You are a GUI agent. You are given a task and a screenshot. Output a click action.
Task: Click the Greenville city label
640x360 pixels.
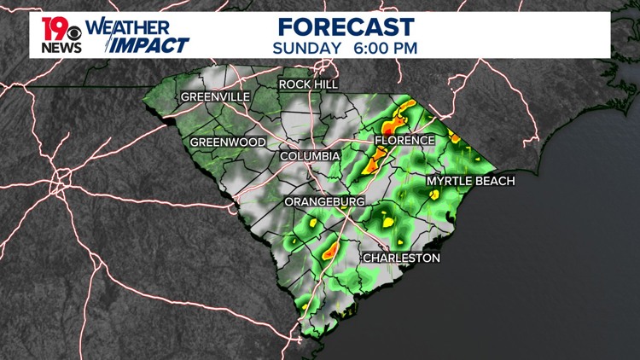point(215,97)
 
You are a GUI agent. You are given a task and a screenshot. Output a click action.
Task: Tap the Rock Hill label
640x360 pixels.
point(308,84)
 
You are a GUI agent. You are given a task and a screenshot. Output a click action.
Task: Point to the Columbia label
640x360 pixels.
point(311,156)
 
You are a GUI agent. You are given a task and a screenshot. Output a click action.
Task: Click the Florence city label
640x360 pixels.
point(406,140)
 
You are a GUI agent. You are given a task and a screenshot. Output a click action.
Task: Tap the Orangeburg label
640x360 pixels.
point(324,201)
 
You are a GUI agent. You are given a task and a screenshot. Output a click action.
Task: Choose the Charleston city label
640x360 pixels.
point(401,258)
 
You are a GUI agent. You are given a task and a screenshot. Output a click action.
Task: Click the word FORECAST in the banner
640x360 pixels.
point(346,26)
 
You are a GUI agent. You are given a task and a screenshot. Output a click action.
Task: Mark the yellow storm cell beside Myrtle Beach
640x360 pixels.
point(433,195)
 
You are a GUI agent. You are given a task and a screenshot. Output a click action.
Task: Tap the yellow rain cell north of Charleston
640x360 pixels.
point(388,223)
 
